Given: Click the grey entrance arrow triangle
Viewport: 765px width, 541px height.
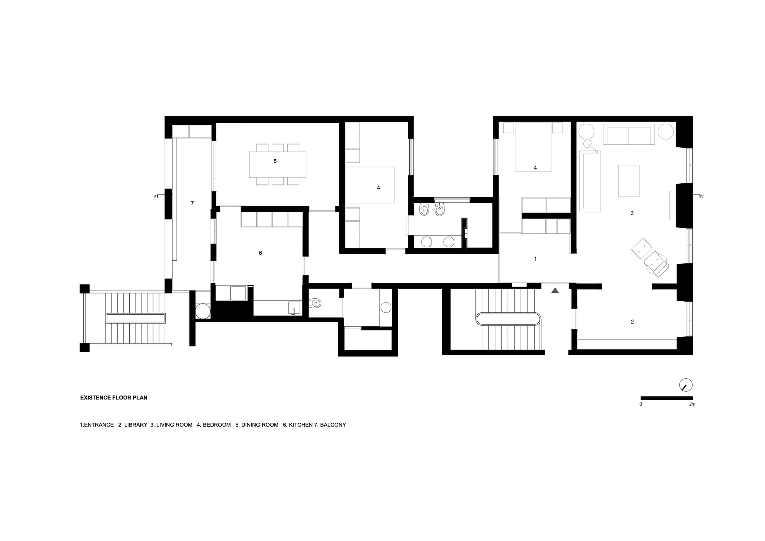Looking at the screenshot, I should [555, 291].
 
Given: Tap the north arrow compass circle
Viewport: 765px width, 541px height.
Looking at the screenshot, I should [686, 385].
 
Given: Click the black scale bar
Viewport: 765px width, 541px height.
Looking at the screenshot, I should [666, 398].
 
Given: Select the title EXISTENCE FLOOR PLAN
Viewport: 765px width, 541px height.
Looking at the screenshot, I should [114, 398].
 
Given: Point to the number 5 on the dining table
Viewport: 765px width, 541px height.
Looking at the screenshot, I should [275, 162].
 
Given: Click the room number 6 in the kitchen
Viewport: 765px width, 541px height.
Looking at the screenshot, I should [260, 253].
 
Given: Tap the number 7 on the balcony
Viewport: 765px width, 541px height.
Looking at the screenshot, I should [192, 203].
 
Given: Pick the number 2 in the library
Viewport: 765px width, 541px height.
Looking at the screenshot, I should [632, 322].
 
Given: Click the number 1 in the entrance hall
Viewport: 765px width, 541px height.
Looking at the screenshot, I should [535, 259].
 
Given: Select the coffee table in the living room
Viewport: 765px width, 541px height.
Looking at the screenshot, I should [629, 181].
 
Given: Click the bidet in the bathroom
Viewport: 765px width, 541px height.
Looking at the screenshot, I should [440, 210].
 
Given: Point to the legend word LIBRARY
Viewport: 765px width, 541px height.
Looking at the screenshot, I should [135, 425].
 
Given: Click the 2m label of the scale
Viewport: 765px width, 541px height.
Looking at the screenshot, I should [692, 404].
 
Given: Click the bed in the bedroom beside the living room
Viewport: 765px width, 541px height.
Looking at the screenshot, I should [533, 147].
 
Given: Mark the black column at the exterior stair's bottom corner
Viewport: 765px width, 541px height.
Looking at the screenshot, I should [85, 347].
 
